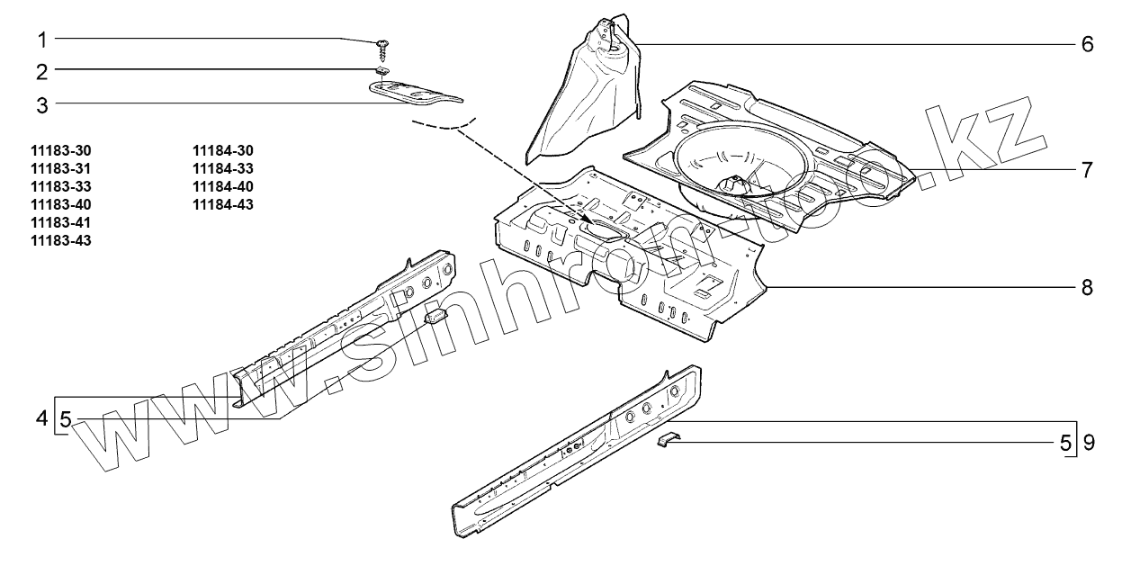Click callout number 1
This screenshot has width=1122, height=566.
coord(41,40)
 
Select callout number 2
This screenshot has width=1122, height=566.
coord(41,71)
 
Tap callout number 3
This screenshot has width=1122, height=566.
coord(41,104)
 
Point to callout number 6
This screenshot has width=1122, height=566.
coord(1087,44)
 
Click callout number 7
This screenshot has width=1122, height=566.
coord(1087,168)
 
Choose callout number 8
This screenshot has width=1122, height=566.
coord(1087,287)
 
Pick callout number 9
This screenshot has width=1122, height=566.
coord(1088,443)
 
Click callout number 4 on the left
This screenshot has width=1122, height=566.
coord(41,418)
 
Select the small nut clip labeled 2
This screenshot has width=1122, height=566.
coord(382,72)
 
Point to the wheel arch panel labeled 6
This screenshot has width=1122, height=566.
coord(585,99)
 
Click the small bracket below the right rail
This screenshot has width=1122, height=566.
coord(668,441)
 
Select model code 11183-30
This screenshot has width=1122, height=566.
coord(61,151)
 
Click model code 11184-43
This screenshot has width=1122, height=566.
coord(223,204)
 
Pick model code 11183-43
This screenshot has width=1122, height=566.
coord(61,239)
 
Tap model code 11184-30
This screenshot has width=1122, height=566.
coord(223,151)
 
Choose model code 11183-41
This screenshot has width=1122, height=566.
coord(61,221)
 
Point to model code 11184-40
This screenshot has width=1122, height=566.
coord(223,186)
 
